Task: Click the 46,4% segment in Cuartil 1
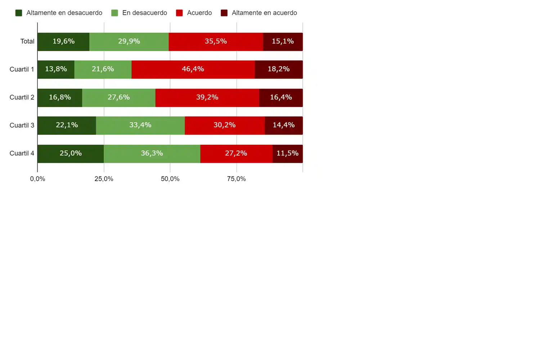(x=193, y=69)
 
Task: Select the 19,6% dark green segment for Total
(x=63, y=41)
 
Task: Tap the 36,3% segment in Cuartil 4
(x=152, y=153)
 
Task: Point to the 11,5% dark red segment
(x=287, y=153)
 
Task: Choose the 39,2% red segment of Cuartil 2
(x=207, y=97)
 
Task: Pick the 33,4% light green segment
(x=140, y=125)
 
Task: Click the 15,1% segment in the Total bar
(x=283, y=41)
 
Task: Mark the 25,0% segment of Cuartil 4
(x=71, y=153)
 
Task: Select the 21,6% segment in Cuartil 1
(x=103, y=69)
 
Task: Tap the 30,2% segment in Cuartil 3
(x=225, y=125)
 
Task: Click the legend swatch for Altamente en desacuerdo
(x=19, y=13)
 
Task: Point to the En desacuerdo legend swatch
(x=114, y=13)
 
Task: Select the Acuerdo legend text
(x=199, y=13)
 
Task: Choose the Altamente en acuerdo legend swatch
(x=224, y=13)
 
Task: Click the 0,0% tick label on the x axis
(x=37, y=179)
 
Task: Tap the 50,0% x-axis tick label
(x=170, y=179)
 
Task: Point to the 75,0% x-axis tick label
(x=236, y=179)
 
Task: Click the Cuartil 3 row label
(x=22, y=125)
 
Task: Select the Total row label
(x=27, y=41)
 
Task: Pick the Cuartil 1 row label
(x=22, y=69)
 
